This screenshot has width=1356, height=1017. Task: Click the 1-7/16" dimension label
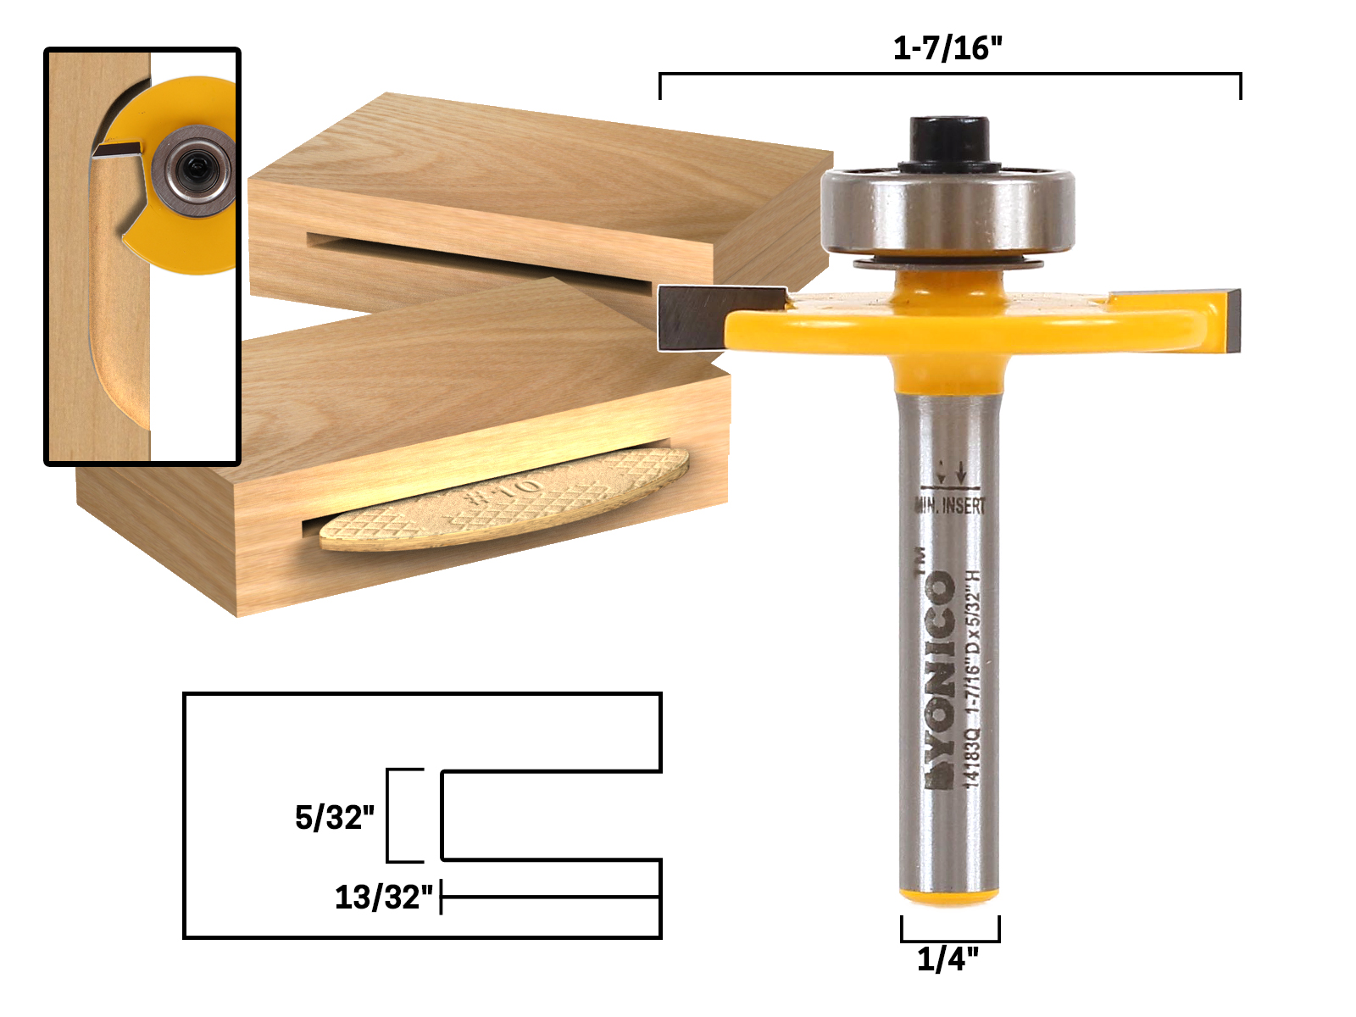click(x=948, y=48)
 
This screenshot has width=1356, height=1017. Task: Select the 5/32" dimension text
click(x=334, y=818)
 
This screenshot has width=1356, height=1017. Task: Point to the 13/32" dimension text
click(x=383, y=897)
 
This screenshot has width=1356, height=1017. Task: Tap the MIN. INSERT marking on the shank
click(x=951, y=506)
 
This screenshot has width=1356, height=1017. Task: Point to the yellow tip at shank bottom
click(x=949, y=895)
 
